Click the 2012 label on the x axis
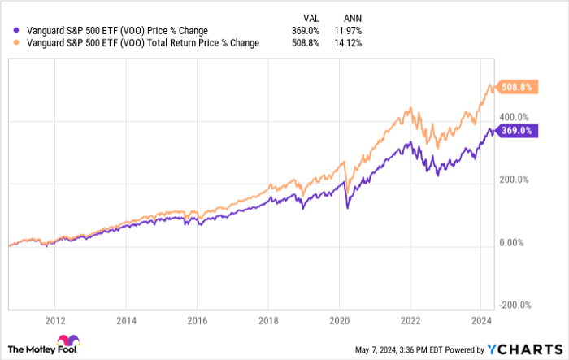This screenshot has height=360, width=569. coord(55,320)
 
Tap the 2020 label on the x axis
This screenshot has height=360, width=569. coord(339,320)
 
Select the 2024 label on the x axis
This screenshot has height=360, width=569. coord(480,320)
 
